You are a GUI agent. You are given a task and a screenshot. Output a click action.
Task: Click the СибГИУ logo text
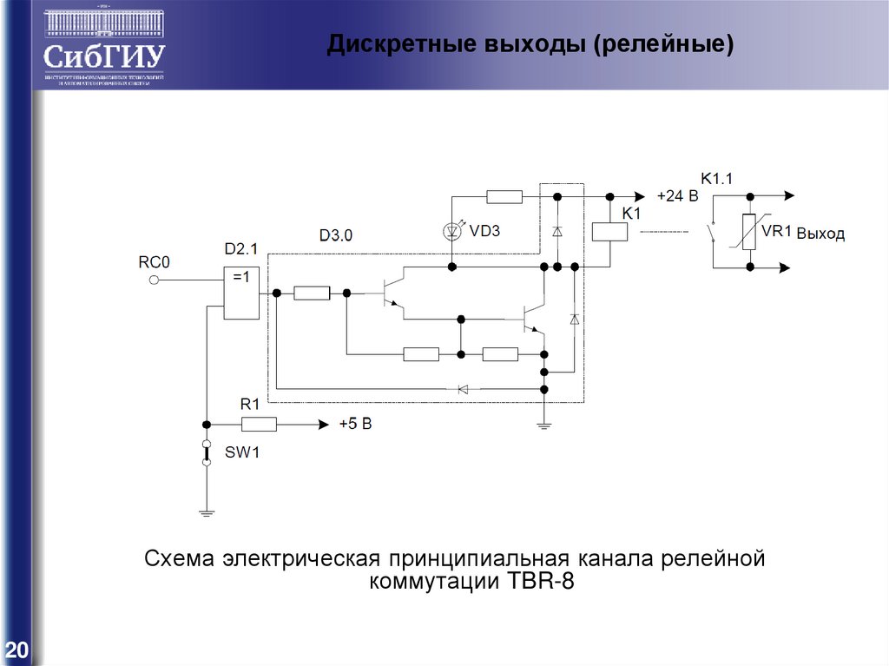click(103, 57)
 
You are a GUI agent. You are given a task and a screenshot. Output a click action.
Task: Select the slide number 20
click(16, 650)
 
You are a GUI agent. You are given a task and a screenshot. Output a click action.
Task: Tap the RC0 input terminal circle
click(154, 280)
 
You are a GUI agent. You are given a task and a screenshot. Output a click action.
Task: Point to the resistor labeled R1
click(259, 425)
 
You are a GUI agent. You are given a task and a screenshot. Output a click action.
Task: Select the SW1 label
click(242, 453)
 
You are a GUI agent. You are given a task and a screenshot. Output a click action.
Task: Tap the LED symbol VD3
click(451, 231)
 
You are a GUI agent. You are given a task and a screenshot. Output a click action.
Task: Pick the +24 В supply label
click(677, 196)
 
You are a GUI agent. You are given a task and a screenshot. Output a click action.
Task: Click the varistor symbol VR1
click(748, 232)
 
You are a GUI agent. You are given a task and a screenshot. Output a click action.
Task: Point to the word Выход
click(820, 234)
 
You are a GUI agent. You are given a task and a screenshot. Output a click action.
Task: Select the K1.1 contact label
click(717, 179)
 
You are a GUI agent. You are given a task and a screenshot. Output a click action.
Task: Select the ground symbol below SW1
click(207, 512)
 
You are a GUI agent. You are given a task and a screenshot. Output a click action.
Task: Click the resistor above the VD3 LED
click(504, 197)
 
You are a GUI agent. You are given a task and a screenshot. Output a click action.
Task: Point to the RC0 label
click(155, 260)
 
